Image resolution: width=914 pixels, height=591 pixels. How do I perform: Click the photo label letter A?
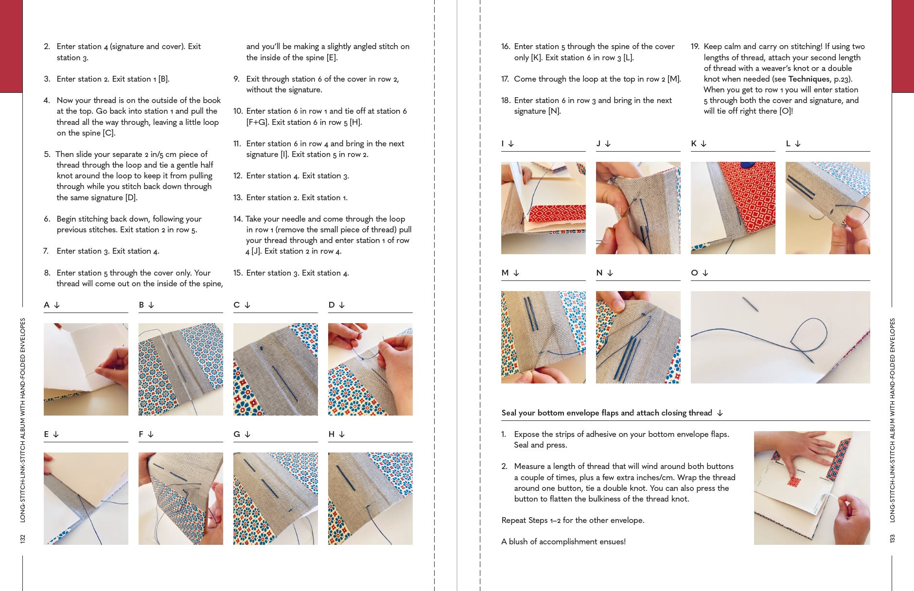47,305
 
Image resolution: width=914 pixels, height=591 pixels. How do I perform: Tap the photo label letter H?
332,434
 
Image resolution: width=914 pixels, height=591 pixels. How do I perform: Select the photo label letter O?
694,273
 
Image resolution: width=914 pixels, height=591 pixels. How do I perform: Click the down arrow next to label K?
703,144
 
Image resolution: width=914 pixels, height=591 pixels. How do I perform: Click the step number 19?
695,47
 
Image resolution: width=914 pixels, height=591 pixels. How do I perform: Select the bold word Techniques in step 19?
809,79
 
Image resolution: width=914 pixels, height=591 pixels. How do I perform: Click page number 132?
22,539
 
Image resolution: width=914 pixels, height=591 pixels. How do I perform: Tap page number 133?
892,539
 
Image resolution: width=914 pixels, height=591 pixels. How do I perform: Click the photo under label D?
370,369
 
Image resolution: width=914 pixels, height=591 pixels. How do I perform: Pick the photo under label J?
638,208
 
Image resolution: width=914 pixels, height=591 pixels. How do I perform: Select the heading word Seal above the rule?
509,413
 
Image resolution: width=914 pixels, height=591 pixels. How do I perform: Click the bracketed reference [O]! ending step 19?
786,111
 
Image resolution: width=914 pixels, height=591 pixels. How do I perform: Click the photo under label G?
275,498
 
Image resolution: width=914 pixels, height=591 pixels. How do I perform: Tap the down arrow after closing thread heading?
720,413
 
